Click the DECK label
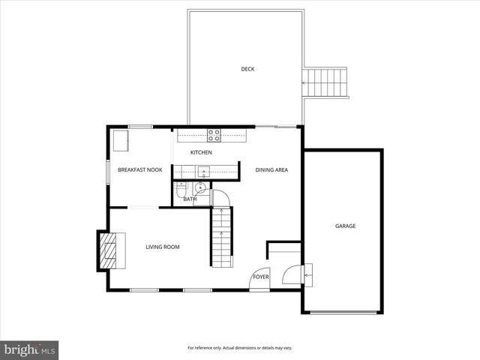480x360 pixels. (247, 69)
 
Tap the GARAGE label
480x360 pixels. (345, 226)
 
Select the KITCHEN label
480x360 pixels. (201, 153)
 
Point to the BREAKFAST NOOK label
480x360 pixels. (140, 170)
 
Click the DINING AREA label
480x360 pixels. (271, 170)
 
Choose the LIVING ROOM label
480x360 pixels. (163, 247)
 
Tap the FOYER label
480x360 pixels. (260, 277)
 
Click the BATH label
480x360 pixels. (190, 199)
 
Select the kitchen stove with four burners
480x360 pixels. (214, 136)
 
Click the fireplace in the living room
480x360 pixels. (109, 250)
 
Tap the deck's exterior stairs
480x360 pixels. (326, 82)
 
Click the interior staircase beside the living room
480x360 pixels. (220, 235)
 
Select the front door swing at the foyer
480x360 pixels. (259, 277)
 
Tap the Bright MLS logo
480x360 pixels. (29, 350)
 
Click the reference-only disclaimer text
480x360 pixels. (240, 348)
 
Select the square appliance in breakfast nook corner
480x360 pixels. (119, 139)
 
